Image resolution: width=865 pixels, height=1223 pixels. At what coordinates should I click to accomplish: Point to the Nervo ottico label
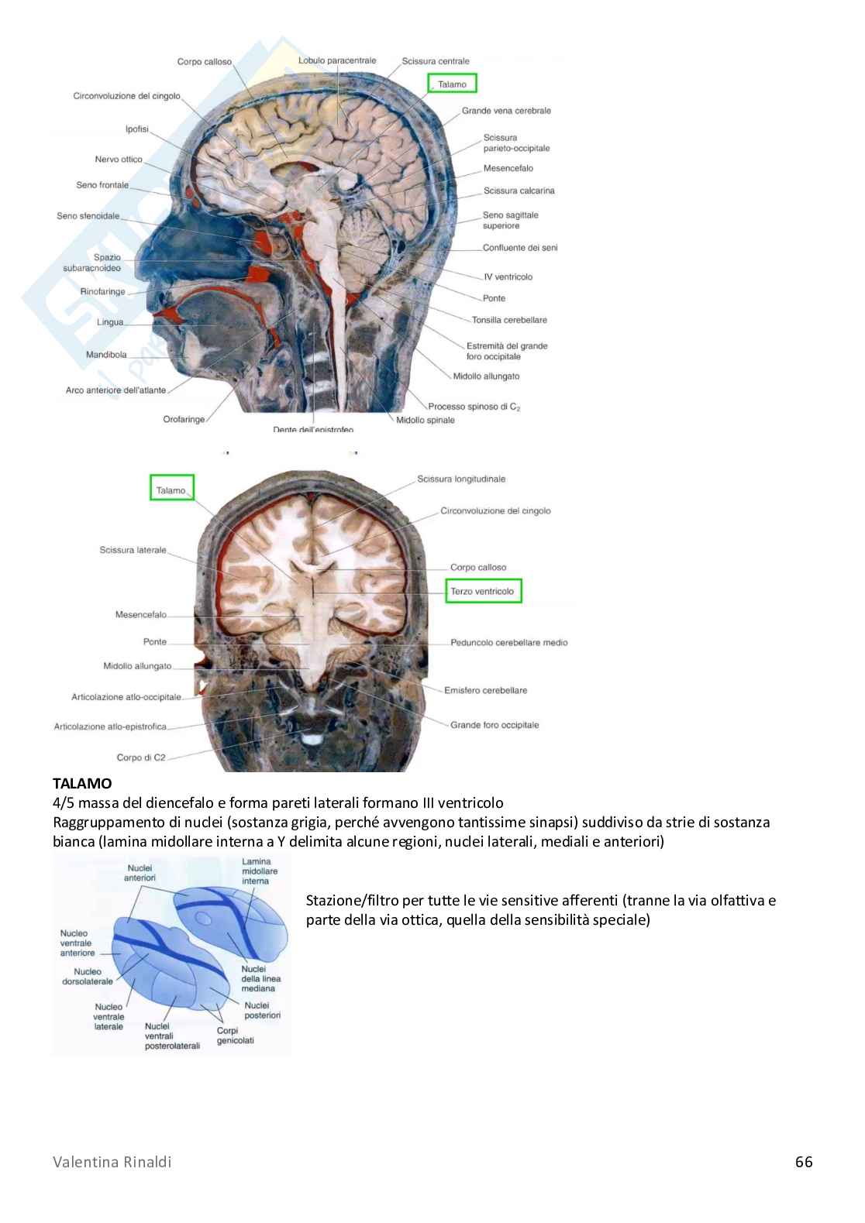(119, 160)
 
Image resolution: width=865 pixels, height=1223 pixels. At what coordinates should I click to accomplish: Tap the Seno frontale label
(102, 185)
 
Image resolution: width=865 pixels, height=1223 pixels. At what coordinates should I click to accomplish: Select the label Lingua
(110, 321)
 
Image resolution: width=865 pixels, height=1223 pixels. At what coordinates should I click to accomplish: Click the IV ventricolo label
(508, 277)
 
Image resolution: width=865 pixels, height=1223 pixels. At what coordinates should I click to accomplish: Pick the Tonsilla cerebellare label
(509, 320)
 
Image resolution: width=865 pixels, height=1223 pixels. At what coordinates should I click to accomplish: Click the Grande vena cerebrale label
(506, 111)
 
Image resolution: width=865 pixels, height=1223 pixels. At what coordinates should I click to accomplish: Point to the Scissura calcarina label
(519, 191)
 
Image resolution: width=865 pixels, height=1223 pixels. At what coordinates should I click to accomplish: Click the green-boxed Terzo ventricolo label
(484, 592)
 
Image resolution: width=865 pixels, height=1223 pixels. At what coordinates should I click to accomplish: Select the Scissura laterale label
(133, 550)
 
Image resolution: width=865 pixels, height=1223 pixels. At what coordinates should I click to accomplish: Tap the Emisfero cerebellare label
(485, 690)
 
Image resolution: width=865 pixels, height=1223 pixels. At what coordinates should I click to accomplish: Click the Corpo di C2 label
(141, 758)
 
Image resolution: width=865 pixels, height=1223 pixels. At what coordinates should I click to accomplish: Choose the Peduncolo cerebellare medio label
(508, 642)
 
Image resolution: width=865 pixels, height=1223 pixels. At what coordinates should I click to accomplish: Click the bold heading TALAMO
(82, 784)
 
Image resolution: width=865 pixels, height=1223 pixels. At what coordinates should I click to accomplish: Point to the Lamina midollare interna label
(256, 871)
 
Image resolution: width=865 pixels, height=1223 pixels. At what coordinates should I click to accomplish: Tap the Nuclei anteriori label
(140, 873)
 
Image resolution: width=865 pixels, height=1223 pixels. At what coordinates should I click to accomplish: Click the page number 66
(804, 1162)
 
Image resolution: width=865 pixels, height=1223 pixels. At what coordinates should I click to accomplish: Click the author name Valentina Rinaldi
(112, 1162)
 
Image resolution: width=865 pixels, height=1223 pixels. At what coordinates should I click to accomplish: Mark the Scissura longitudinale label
(460, 479)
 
